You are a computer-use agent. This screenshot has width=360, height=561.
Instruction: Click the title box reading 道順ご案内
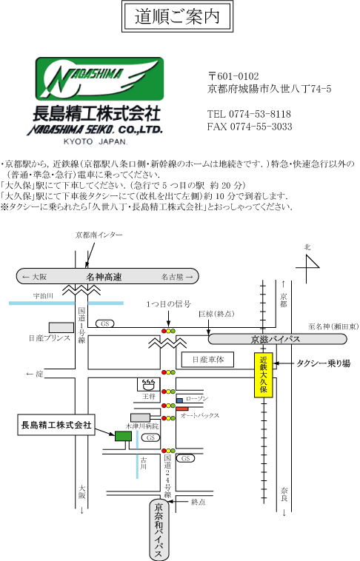tap(177, 16)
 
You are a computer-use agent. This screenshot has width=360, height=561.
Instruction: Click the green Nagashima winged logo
tap(99, 78)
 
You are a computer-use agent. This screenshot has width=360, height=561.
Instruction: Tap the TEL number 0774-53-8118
tap(260, 114)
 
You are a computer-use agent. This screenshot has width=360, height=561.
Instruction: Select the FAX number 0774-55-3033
tap(261, 127)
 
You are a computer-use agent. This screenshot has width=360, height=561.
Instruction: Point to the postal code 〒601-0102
tap(233, 76)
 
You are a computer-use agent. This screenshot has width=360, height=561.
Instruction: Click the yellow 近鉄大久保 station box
tap(264, 375)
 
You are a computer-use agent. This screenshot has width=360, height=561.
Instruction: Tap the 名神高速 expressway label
tap(104, 277)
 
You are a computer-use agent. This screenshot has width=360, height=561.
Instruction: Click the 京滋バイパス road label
tap(275, 339)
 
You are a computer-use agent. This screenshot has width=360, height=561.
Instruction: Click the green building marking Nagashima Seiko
tap(123, 436)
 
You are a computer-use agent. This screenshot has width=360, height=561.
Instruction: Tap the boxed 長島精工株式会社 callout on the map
tap(56, 425)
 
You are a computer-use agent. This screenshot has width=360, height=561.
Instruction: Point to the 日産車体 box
tap(207, 360)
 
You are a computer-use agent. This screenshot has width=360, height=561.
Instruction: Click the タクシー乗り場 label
tap(324, 363)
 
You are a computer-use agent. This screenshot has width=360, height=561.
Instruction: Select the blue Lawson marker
tap(179, 400)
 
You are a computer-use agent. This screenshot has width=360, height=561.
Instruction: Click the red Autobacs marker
tap(182, 409)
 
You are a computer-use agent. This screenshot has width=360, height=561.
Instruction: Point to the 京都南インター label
tap(99, 235)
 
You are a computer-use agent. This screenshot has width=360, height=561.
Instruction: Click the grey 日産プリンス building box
tap(61, 327)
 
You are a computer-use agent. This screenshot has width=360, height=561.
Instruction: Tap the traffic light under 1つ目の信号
tap(168, 331)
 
